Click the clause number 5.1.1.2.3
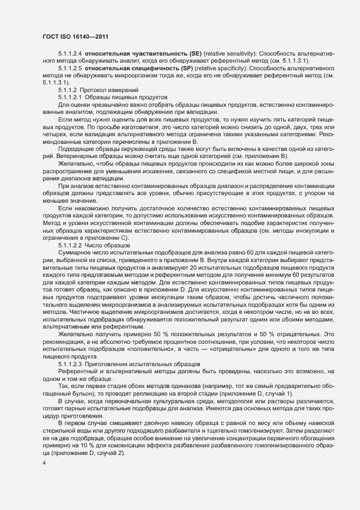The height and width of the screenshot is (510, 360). coord(70,364)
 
